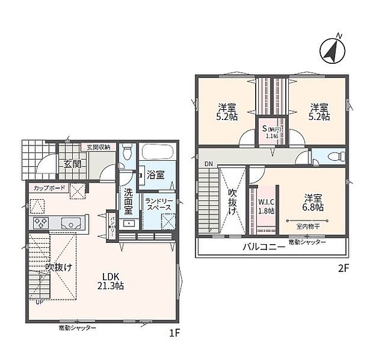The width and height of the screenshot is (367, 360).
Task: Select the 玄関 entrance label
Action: click(x=72, y=164)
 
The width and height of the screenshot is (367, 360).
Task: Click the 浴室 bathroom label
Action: click(x=156, y=175)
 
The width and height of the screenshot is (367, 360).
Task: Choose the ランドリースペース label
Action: click(x=158, y=204)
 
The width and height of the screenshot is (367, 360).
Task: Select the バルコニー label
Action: click(x=263, y=247)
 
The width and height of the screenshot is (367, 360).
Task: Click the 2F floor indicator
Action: click(x=343, y=267)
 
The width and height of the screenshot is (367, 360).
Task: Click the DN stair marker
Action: click(x=208, y=163)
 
